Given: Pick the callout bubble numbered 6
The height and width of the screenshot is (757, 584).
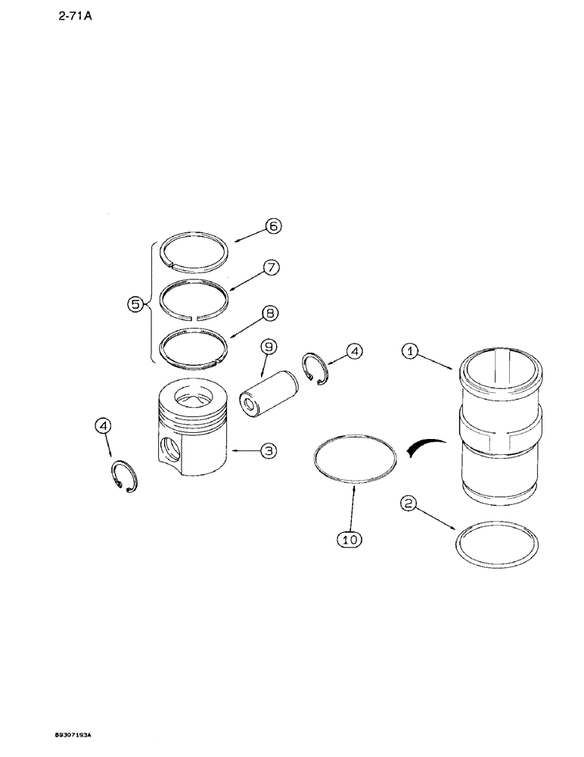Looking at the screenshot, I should [272, 226].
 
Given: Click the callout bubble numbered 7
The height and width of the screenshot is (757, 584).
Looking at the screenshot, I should [272, 267].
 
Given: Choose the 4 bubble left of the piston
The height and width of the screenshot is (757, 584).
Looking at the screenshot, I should [105, 427].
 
